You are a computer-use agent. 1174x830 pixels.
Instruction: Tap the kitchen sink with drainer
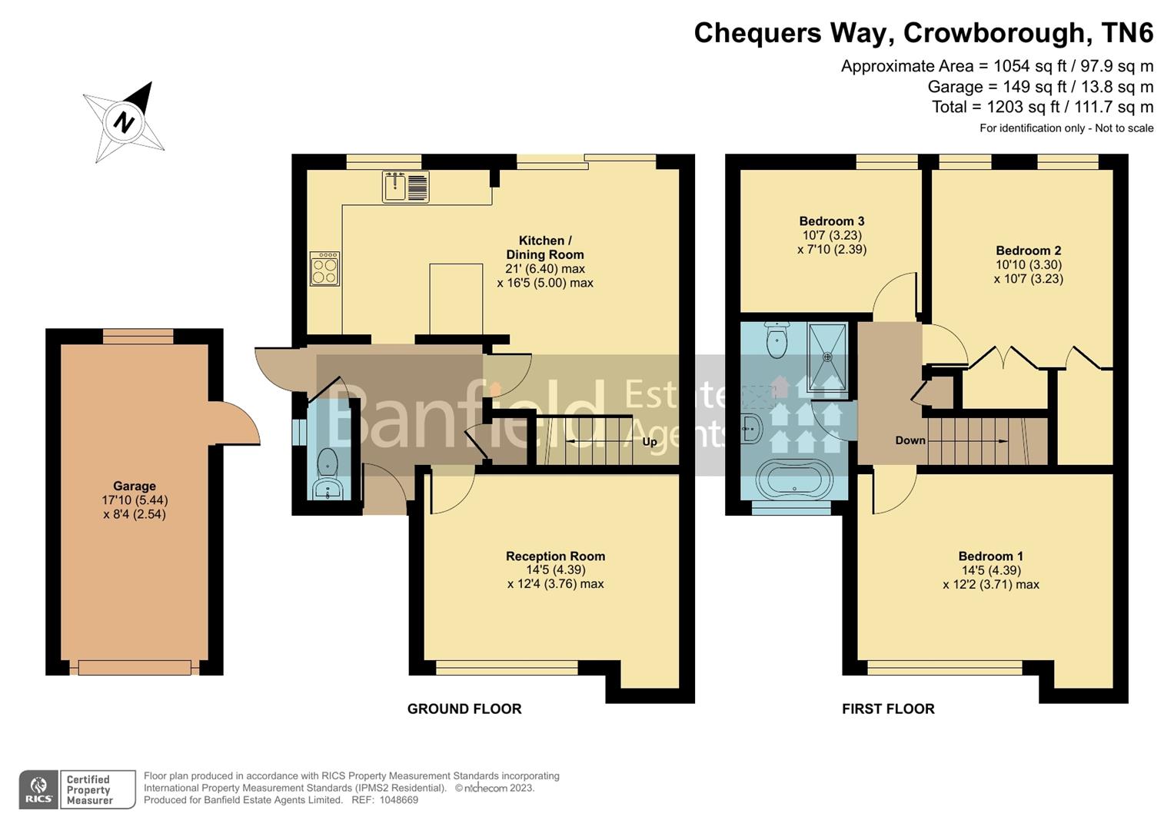(x=405, y=187)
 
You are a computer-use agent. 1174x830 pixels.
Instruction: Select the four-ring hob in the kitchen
(x=324, y=269)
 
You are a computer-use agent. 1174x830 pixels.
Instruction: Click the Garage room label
(x=135, y=486)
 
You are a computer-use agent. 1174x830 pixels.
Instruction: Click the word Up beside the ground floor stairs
(x=650, y=442)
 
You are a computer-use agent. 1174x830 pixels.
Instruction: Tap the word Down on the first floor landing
(x=910, y=440)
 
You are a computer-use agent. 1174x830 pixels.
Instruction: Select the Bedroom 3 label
(x=832, y=221)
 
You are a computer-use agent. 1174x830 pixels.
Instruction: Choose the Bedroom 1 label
(x=990, y=556)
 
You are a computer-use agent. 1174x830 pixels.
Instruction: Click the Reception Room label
(x=555, y=556)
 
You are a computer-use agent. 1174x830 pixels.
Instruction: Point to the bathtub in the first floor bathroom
(x=794, y=479)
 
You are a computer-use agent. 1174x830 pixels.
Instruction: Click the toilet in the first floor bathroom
(x=777, y=340)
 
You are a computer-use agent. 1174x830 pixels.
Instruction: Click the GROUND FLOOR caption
(x=464, y=709)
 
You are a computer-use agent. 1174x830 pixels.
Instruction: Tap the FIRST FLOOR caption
(x=888, y=709)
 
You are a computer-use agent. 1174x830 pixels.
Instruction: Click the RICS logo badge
(x=38, y=789)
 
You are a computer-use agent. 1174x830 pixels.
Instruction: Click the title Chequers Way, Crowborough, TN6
(x=923, y=33)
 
